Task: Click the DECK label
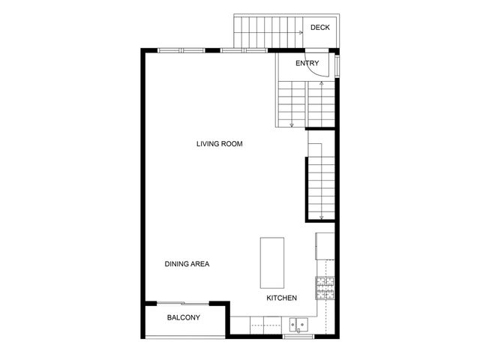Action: (319, 28)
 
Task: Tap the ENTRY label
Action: (307, 63)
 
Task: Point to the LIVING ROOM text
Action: (219, 143)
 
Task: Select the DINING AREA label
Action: (187, 264)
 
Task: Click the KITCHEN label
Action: (282, 298)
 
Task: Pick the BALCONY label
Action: (183, 318)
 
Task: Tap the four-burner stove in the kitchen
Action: (325, 287)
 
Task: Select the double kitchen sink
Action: (298, 325)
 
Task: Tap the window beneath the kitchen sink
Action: (298, 337)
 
